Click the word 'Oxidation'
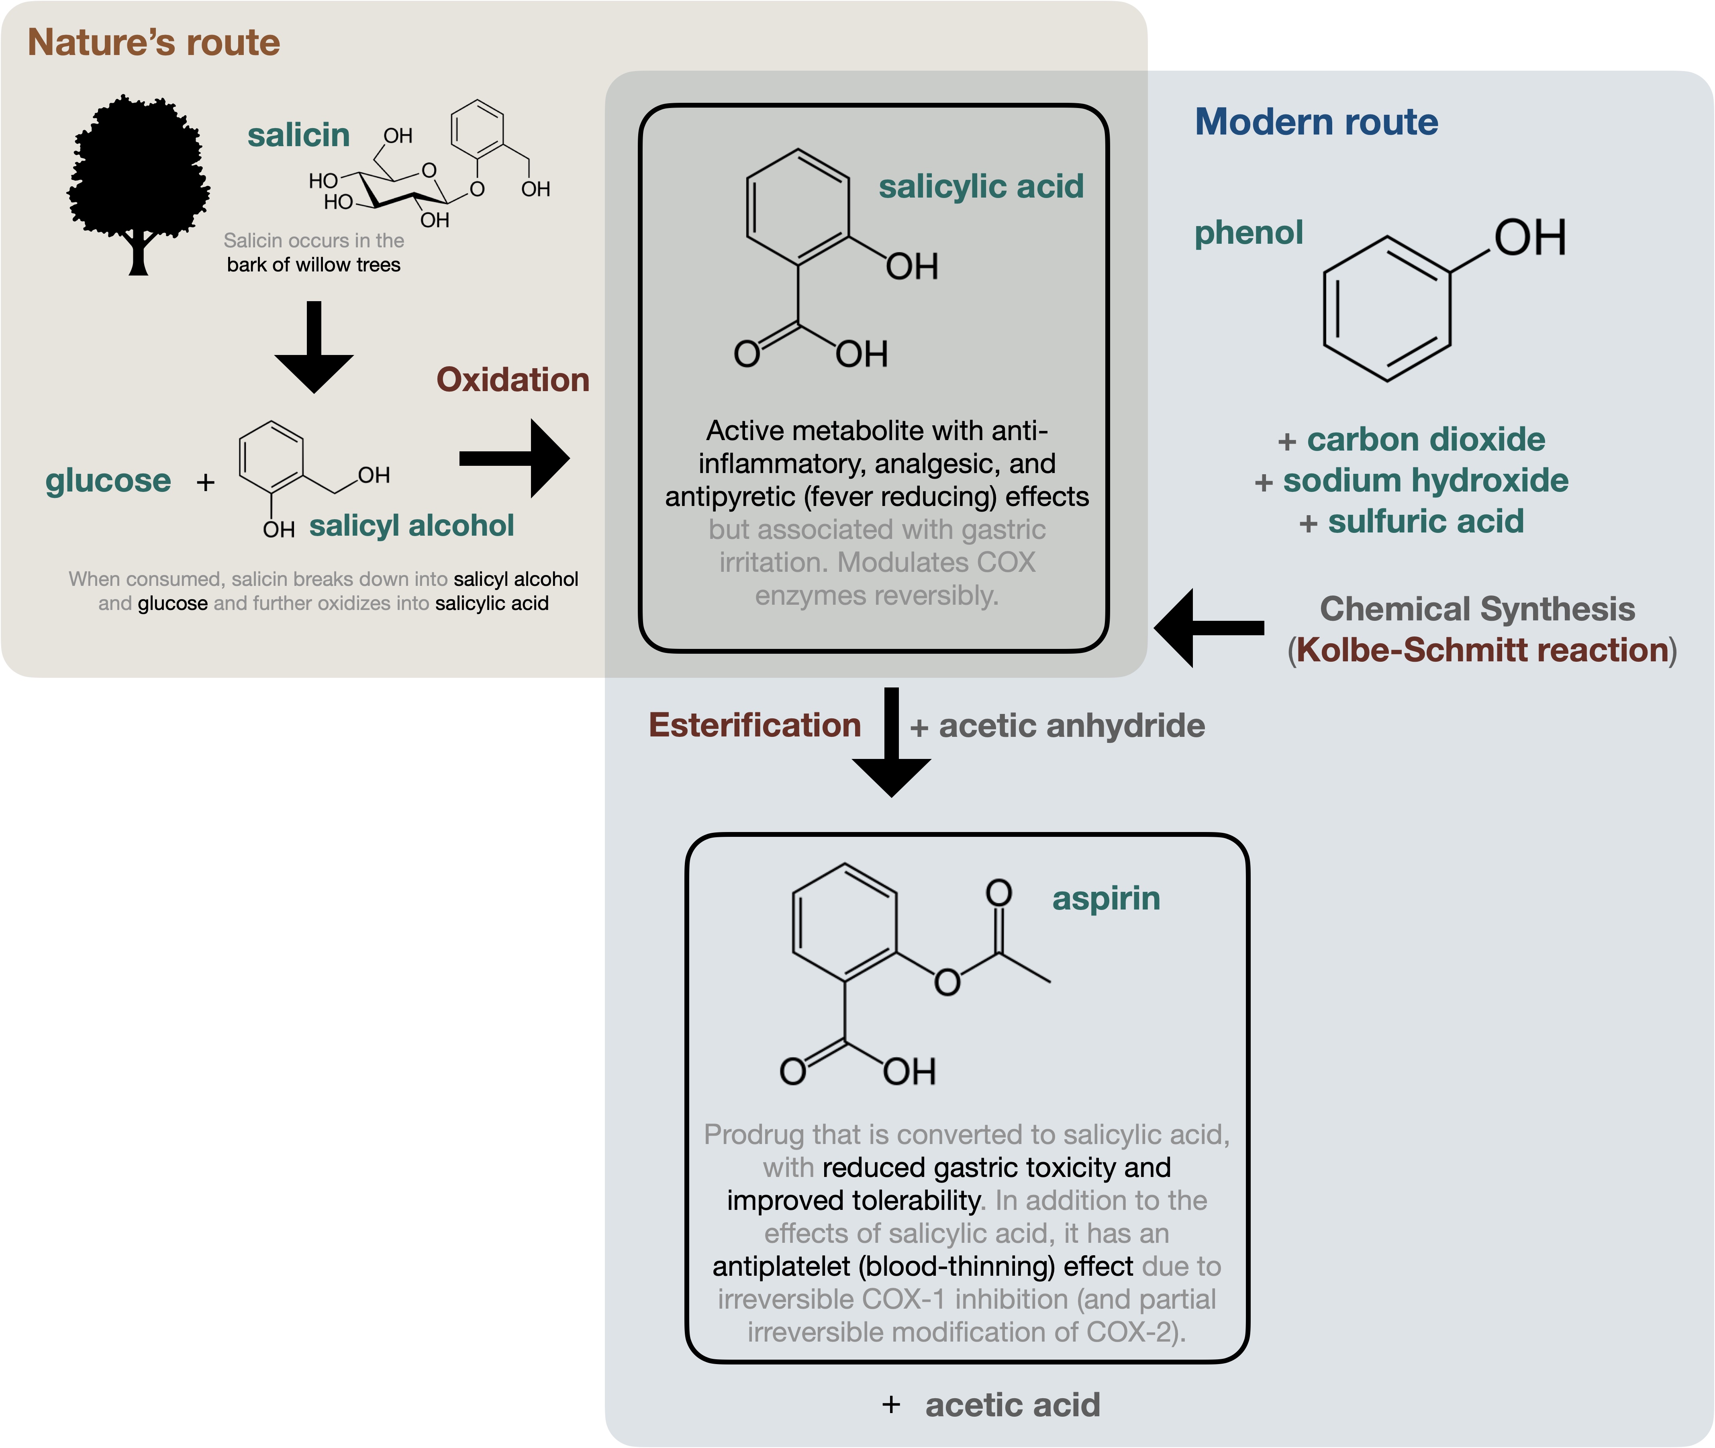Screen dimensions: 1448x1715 512,380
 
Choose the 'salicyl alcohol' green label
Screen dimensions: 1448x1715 411,525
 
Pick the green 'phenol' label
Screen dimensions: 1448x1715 1248,233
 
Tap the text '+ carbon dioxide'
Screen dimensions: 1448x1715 1411,440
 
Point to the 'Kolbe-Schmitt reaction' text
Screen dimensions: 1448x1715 1482,650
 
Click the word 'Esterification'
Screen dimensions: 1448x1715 754,726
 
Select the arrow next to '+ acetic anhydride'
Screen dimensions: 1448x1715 892,743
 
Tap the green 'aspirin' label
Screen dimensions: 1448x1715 1106,899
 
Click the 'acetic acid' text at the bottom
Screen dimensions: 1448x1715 1012,1405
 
